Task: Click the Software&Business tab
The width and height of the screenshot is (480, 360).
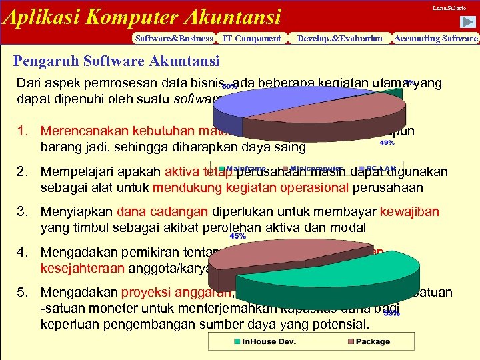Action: click(173, 39)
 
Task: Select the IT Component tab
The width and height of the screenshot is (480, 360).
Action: click(251, 39)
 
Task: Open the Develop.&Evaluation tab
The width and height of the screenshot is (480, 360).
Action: click(340, 39)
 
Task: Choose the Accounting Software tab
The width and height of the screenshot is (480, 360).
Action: click(436, 39)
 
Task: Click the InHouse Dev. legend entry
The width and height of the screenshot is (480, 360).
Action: click(257, 341)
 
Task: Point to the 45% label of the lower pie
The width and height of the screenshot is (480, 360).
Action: click(237, 235)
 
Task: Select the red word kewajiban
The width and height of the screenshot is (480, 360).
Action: click(409, 212)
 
